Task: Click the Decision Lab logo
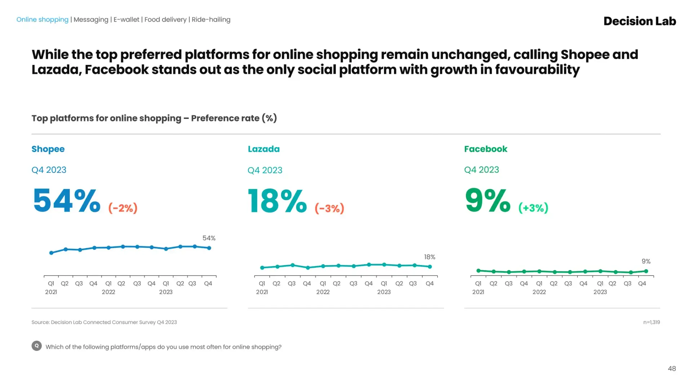639,21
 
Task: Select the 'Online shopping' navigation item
42,19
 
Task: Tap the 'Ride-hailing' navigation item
211,19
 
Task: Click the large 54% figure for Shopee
67,201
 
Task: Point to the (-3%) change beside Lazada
329,208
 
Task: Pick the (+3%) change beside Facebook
533,208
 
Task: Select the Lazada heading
263,149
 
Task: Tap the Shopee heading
48,149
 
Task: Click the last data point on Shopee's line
209,248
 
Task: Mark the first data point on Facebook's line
478,270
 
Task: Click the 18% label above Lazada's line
429,257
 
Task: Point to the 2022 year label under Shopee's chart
108,292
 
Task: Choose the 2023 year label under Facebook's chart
600,292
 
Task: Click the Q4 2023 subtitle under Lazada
265,170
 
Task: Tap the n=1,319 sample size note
651,322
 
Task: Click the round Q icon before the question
36,346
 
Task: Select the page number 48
671,368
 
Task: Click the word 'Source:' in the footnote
40,322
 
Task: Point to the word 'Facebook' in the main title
116,70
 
